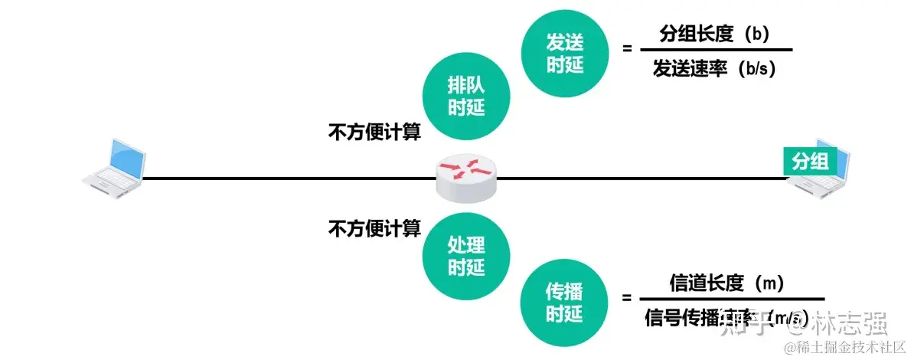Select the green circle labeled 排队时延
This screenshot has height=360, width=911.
(466, 97)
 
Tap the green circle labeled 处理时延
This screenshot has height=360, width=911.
(466, 256)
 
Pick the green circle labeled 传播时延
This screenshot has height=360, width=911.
(564, 301)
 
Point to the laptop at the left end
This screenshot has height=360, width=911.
(115, 166)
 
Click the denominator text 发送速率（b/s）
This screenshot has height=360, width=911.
(714, 69)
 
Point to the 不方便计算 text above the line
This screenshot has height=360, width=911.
(375, 132)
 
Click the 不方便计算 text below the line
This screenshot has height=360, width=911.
(375, 227)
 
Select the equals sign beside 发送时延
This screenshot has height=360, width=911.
(627, 48)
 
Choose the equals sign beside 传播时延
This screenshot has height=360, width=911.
(627, 299)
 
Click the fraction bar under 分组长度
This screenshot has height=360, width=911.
(715, 51)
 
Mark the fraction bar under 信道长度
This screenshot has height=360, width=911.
(731, 299)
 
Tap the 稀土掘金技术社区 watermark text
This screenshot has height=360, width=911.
(842, 349)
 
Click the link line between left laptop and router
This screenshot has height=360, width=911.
(291, 178)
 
